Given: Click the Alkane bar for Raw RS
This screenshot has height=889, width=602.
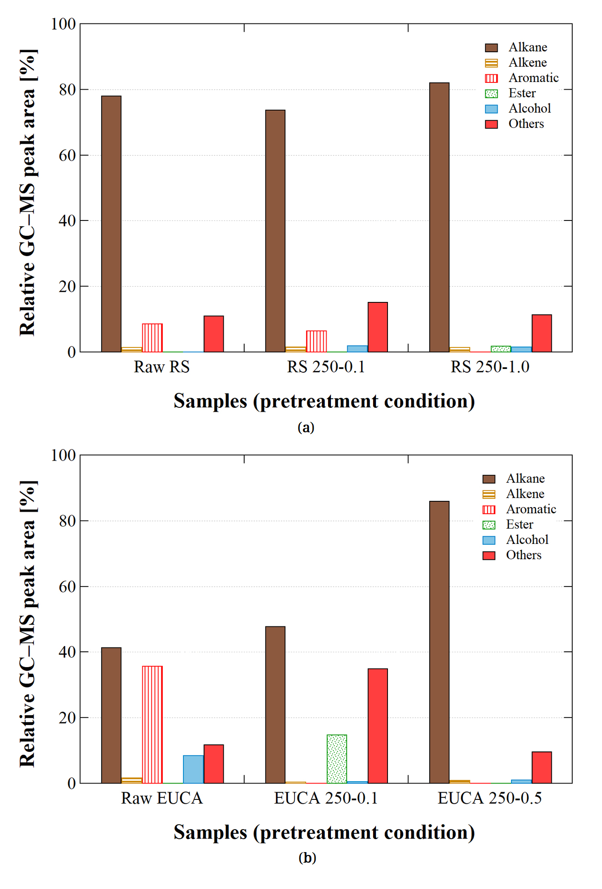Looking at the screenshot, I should coord(111,224).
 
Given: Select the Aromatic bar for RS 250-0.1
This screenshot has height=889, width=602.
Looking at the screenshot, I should coord(316,341).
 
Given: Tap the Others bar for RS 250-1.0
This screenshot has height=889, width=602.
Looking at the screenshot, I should coord(542,333).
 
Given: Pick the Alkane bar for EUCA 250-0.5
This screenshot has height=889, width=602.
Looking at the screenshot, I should coord(439,642).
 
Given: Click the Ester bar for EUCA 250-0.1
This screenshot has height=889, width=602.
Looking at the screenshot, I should coord(337,759).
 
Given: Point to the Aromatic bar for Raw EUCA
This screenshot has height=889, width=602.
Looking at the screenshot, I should coord(152,725).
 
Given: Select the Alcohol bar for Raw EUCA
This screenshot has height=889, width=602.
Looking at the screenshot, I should coord(193,769).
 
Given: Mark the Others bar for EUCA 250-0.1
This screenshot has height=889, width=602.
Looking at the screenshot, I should coord(377,726).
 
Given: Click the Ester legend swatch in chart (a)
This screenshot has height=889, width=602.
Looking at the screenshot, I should coord(491,93).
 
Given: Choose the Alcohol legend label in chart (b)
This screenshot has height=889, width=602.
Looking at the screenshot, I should coord(527,540).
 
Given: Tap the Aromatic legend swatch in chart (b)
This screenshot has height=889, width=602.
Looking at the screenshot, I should coord(489,509).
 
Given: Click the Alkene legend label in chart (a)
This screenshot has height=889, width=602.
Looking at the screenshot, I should coord(527,62).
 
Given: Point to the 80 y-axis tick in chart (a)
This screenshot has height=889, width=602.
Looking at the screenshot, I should coord(68,90).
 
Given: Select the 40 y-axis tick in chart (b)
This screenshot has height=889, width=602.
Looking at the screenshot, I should coord(68,652).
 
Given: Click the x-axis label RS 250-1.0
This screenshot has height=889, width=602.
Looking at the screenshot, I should coord(489,367).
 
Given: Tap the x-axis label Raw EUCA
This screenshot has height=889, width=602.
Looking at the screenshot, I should coord(162,798).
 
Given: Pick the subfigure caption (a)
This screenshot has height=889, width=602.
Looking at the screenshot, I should coord(306,427).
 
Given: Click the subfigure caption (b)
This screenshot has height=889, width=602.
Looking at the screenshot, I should coord(307,857).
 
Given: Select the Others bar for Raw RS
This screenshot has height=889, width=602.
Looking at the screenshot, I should coord(214,334).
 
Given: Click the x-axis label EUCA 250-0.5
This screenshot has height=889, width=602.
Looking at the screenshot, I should coord(489,798).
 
